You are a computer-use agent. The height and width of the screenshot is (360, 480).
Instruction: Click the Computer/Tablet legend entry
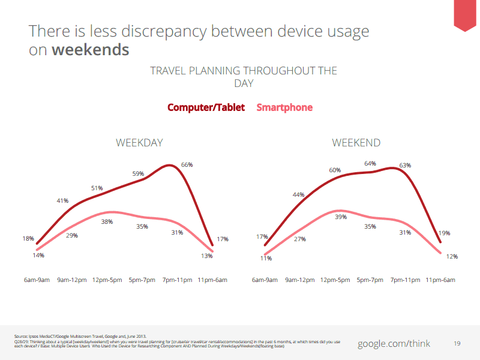[x=206, y=107]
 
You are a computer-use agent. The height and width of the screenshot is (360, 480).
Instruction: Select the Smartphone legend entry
[x=284, y=107]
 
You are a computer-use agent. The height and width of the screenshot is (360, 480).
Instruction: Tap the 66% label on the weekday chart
[x=187, y=164]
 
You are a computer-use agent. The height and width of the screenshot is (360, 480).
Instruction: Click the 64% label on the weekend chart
[x=370, y=163]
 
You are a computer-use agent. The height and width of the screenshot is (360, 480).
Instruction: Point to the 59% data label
[x=139, y=174]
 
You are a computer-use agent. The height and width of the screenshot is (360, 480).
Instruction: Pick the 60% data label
[x=335, y=170]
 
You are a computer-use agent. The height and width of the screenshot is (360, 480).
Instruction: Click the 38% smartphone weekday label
[x=107, y=221]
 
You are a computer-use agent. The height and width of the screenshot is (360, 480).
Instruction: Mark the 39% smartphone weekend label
[x=340, y=217]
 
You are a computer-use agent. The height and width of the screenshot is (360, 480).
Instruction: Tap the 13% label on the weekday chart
[x=206, y=256]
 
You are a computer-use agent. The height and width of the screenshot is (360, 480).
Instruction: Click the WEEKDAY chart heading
[x=139, y=143]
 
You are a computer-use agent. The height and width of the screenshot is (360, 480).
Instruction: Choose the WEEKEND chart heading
[x=356, y=143]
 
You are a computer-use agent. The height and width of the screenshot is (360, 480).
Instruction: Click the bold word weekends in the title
[x=90, y=49]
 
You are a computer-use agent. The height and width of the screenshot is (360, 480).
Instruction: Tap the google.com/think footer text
[x=394, y=343]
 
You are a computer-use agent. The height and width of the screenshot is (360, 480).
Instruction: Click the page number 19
[x=457, y=344]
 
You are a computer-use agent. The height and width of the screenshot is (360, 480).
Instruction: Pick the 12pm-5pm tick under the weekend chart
[x=335, y=280]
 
